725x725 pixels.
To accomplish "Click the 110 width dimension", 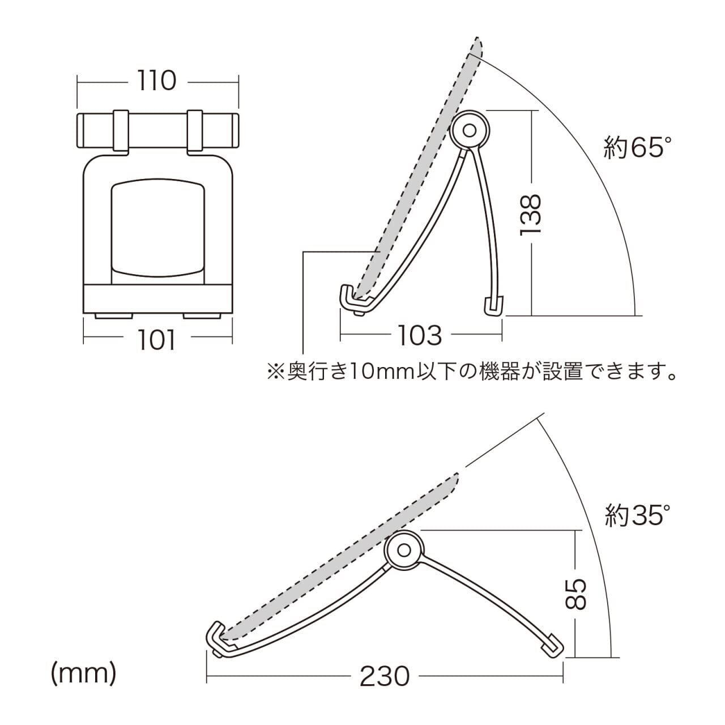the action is tap(156, 82).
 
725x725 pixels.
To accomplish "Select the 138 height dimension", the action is tap(531, 215).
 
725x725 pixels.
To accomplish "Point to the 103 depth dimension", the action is tap(420, 336).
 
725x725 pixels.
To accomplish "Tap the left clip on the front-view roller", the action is tap(120, 131).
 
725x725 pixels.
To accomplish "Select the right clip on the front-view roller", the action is tap(194, 131).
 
